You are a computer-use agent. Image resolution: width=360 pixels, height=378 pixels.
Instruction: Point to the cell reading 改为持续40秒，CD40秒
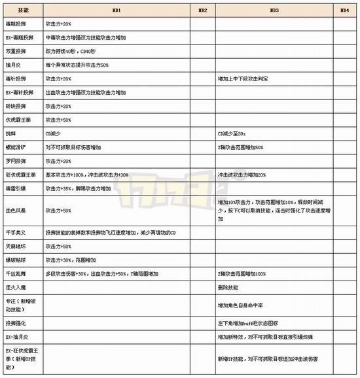pos(71,50)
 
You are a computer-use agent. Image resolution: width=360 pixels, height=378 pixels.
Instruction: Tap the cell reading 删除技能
pos(229,287)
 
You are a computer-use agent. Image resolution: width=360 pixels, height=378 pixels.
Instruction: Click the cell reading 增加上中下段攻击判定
pos(245,78)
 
